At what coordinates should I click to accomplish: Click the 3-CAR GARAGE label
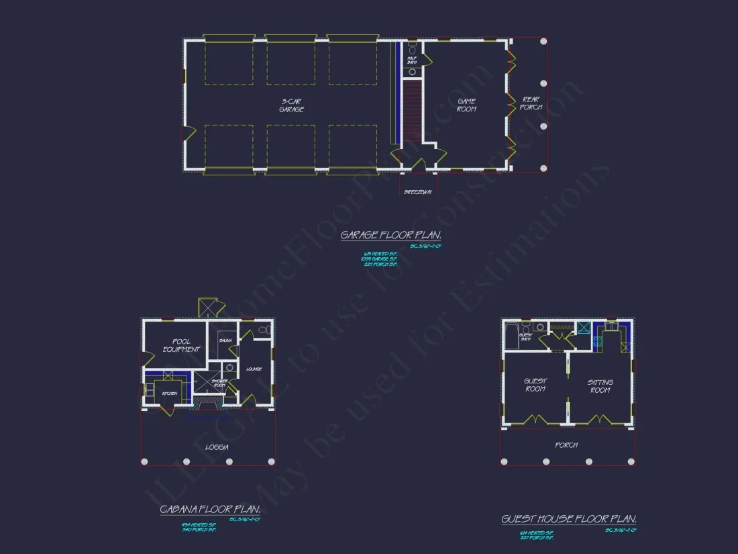(x=292, y=105)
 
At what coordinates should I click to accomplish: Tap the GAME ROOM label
(x=466, y=105)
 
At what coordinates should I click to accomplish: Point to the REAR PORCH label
(x=531, y=103)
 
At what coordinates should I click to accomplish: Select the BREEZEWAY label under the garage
(x=418, y=192)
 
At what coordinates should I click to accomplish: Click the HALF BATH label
(x=412, y=60)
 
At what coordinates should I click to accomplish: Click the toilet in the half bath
(x=412, y=50)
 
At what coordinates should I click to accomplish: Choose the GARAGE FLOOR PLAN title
(x=390, y=235)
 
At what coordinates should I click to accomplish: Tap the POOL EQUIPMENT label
(x=181, y=345)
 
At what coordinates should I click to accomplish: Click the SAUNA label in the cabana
(x=225, y=341)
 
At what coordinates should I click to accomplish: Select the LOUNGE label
(x=254, y=369)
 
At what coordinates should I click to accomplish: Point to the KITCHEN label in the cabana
(x=169, y=394)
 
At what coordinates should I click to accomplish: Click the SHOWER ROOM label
(x=220, y=383)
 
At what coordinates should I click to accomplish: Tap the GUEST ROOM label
(x=535, y=385)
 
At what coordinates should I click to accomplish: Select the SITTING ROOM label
(x=600, y=386)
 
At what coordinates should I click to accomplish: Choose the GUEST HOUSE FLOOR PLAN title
(x=569, y=519)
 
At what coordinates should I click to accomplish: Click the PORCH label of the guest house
(x=566, y=445)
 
